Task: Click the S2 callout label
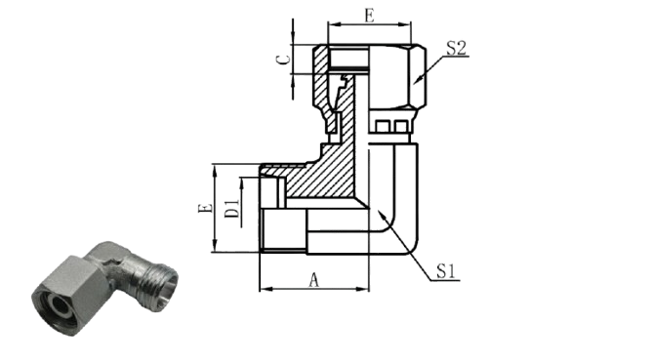pyautogui.click(x=456, y=48)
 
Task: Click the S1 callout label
pyautogui.click(x=446, y=271)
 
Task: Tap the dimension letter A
pyautogui.click(x=314, y=280)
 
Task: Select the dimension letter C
pyautogui.click(x=284, y=60)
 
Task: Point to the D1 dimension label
pyautogui.click(x=232, y=209)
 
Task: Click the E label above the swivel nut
pyautogui.click(x=369, y=16)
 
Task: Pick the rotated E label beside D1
pyautogui.click(x=205, y=208)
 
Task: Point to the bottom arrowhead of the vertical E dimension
pyautogui.click(x=215, y=246)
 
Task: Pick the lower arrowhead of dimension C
pyautogui.click(x=293, y=80)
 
